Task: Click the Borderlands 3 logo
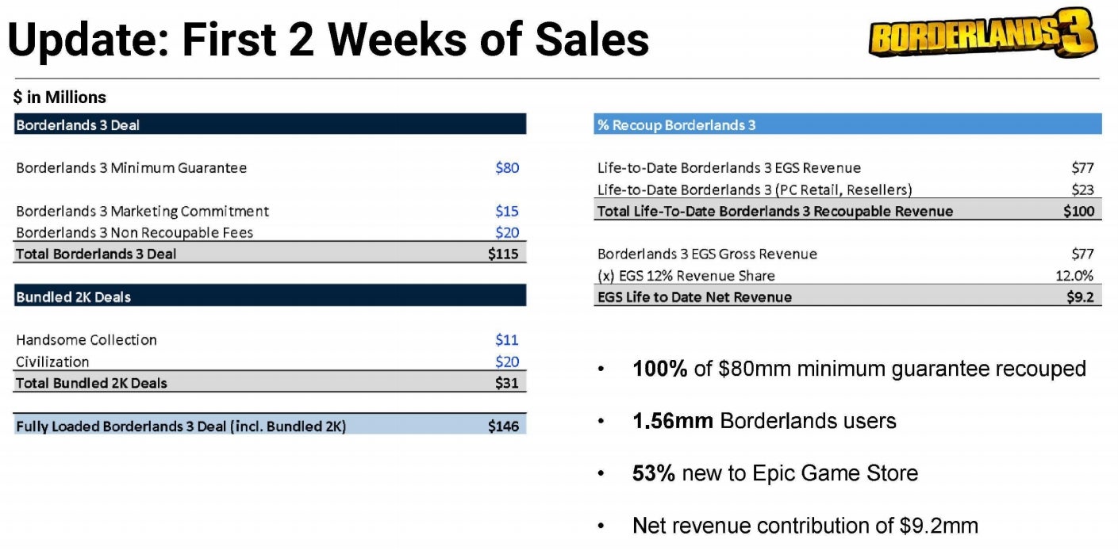coord(982,33)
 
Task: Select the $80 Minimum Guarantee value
coord(507,168)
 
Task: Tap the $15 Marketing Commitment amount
coord(507,211)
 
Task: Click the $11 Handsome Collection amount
coord(507,340)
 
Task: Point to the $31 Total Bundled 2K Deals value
coord(506,383)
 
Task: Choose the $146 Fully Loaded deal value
coord(503,427)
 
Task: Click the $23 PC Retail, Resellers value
coord(1082,189)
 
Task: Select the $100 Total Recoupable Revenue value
coord(1078,211)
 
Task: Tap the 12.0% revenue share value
coord(1077,276)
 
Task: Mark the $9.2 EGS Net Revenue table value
coord(1080,297)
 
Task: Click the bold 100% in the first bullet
coord(659,369)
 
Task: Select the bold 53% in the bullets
coord(654,473)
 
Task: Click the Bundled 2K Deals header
coord(73,297)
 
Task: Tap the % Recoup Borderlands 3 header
coord(675,125)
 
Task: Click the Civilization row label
coord(52,362)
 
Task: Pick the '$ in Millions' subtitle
coord(60,98)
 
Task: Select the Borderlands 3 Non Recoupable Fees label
coord(135,232)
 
